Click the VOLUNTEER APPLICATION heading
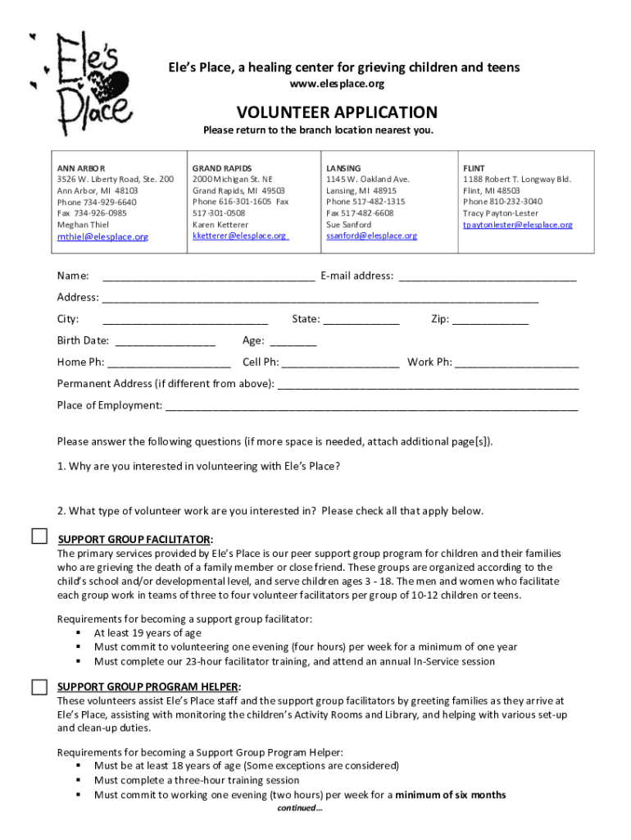pyautogui.click(x=337, y=112)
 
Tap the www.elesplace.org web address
pyautogui.click(x=338, y=84)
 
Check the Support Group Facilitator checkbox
pyautogui.click(x=40, y=536)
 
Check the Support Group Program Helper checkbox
pyautogui.click(x=40, y=686)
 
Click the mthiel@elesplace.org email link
pyautogui.click(x=102, y=237)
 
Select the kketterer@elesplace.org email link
pyautogui.click(x=239, y=235)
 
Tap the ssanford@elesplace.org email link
pyautogui.click(x=371, y=235)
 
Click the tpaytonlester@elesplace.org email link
pyautogui.click(x=517, y=224)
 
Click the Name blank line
pyautogui.click(x=208, y=277)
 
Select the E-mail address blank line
pyautogui.click(x=487, y=277)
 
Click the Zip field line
pyautogui.click(x=491, y=321)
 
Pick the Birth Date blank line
pyautogui.click(x=166, y=342)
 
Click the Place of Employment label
pyautogui.click(x=109, y=405)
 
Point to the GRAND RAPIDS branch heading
pyautogui.click(x=222, y=167)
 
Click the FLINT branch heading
pyautogui.click(x=474, y=167)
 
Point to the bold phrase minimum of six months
pyautogui.click(x=450, y=794)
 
